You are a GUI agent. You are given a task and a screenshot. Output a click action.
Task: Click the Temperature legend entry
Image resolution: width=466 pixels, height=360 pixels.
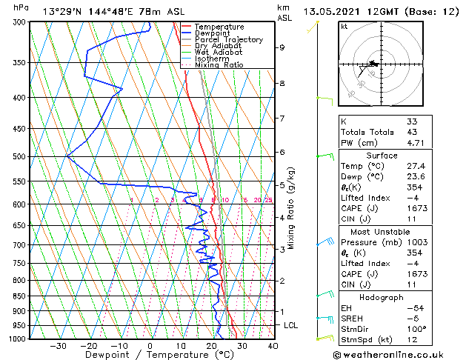tap(219, 27)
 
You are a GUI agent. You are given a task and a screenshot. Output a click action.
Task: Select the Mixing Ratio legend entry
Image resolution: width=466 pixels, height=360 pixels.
tap(219, 64)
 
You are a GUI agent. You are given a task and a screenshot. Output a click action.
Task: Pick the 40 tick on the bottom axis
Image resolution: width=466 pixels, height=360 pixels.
tap(273, 345)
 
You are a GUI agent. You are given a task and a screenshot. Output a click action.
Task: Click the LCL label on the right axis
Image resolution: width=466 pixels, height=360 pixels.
tap(291, 325)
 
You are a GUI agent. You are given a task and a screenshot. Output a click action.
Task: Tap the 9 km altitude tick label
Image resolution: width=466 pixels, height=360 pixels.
tap(282, 47)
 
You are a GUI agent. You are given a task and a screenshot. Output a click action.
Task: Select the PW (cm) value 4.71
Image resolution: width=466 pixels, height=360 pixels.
tap(416, 143)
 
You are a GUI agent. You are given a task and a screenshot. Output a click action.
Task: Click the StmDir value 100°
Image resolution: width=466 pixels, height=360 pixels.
tap(416, 329)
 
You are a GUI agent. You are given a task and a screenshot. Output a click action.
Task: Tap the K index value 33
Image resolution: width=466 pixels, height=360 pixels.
tap(412, 121)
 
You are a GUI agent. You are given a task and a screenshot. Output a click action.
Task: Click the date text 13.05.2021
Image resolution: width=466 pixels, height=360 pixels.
tap(332, 11)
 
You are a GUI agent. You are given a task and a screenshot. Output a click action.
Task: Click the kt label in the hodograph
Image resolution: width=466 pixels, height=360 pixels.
tap(344, 27)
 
